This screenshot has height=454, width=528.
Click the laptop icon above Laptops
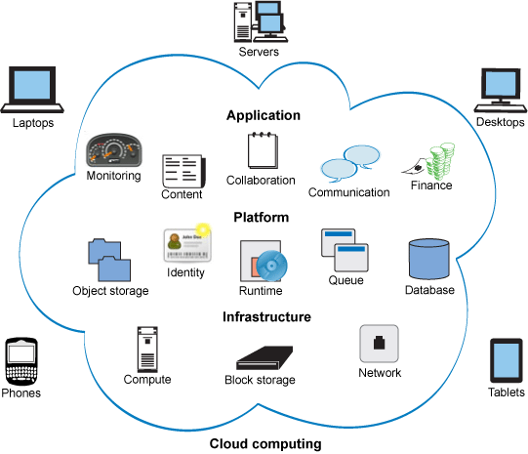[32, 89]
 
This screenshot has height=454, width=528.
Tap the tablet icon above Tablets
[507, 360]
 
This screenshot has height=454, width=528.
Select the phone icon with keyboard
[21, 361]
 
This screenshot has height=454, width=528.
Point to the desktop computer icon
[501, 90]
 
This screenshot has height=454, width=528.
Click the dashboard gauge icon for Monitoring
[114, 150]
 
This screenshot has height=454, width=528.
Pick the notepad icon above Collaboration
[263, 150]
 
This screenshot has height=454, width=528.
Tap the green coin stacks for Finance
[440, 161]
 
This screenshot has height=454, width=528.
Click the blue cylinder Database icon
[429, 259]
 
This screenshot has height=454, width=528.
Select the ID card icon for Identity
[187, 245]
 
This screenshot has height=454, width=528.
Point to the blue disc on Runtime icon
[271, 267]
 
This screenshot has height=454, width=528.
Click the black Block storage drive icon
[264, 357]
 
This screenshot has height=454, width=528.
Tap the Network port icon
[379, 344]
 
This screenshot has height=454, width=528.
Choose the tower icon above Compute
[147, 350]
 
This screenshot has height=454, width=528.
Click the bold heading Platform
[262, 217]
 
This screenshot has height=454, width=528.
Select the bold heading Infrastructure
[266, 317]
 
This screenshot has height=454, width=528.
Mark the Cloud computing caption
[265, 444]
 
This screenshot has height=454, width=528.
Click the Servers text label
[259, 52]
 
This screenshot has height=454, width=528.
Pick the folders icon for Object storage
[109, 260]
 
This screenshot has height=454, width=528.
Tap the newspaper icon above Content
[183, 172]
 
